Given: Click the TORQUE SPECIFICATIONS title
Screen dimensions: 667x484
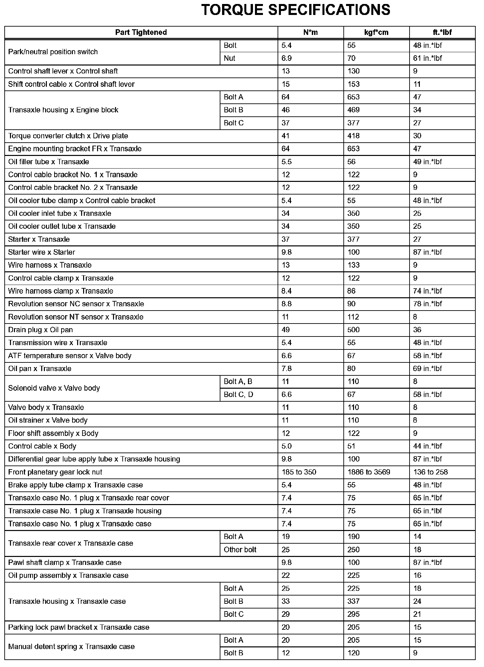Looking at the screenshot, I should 296,10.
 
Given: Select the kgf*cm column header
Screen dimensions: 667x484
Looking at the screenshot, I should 376,32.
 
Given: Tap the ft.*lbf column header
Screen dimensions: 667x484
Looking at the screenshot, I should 442,32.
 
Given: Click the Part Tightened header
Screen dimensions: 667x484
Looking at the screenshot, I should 141,32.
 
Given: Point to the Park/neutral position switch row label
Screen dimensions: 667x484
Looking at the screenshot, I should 53,52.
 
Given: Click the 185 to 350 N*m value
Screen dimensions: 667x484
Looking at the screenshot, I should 299,472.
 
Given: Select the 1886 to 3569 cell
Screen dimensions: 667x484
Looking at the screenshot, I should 369,472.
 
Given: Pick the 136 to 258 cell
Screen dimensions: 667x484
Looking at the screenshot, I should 430,472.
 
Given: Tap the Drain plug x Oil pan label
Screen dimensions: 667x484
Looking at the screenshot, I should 40,330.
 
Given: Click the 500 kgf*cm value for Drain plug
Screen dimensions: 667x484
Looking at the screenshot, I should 353,330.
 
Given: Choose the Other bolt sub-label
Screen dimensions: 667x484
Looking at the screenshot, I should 240,550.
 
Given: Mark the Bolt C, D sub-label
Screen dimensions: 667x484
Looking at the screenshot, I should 238,395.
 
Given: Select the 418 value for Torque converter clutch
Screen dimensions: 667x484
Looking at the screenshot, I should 353,136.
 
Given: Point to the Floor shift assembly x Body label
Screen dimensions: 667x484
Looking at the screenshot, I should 53,434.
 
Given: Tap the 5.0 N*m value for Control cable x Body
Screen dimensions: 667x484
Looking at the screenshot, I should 286,446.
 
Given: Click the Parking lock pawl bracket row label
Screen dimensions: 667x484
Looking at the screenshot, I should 79,627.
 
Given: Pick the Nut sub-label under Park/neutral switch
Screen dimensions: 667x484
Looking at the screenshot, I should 229,59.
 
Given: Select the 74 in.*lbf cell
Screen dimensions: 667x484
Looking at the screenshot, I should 427,291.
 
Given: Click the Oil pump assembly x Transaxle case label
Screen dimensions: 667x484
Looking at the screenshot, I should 68,576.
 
